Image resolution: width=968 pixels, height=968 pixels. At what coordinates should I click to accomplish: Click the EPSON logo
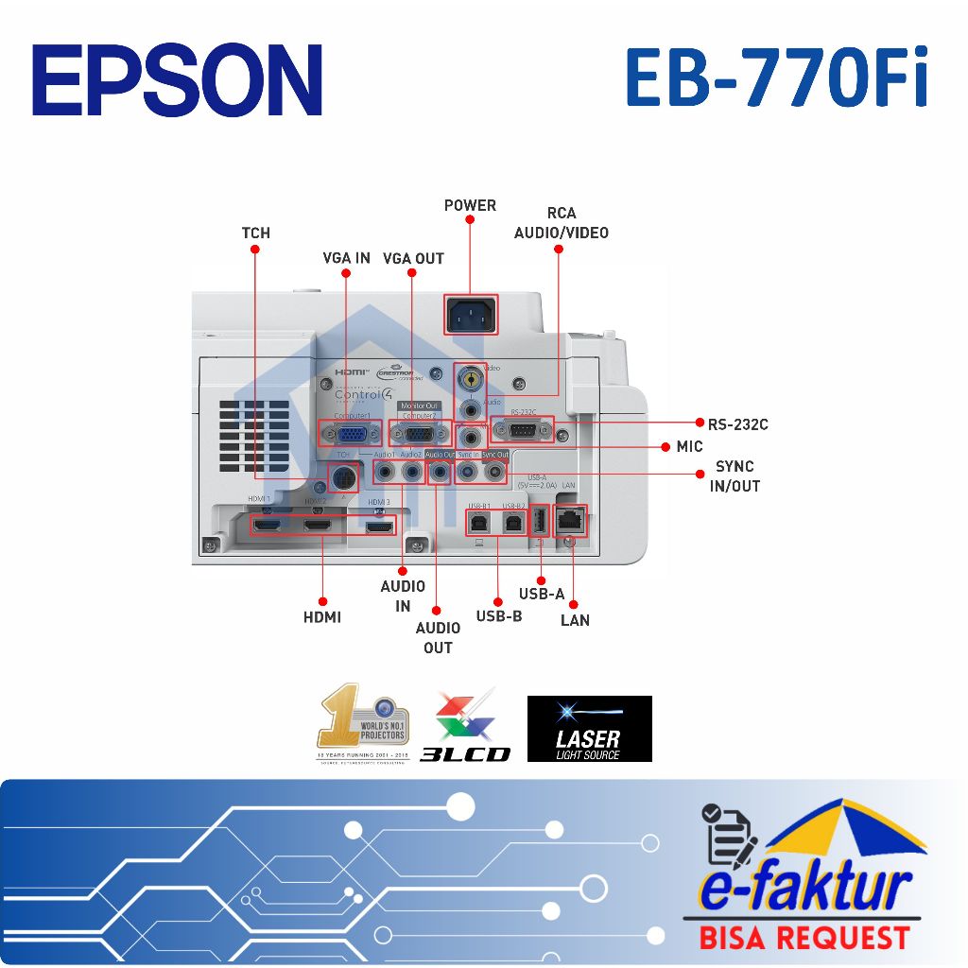[178, 79]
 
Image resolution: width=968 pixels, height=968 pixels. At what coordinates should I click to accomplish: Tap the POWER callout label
[470, 205]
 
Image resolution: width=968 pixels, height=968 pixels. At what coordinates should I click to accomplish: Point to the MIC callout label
[689, 446]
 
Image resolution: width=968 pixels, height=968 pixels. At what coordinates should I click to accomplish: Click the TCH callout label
[255, 233]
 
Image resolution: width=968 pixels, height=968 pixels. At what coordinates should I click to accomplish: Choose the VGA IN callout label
[346, 258]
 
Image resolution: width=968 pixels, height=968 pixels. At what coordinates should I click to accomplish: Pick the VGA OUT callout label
[413, 258]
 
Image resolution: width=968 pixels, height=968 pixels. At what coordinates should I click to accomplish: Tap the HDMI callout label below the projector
[322, 617]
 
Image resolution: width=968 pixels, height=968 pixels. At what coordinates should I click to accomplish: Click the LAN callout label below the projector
[575, 620]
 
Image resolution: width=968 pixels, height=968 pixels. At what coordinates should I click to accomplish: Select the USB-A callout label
[542, 594]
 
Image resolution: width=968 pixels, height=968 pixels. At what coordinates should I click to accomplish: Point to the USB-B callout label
[499, 616]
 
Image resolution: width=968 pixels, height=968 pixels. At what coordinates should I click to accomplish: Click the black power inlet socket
[472, 315]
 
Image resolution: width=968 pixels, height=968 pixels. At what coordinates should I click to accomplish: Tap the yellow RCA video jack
[468, 379]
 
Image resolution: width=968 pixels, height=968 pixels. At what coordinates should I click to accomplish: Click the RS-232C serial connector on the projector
[523, 430]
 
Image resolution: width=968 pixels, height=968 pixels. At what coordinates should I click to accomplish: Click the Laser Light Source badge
[589, 729]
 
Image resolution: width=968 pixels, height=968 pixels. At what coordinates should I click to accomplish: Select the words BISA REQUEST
[804, 938]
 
